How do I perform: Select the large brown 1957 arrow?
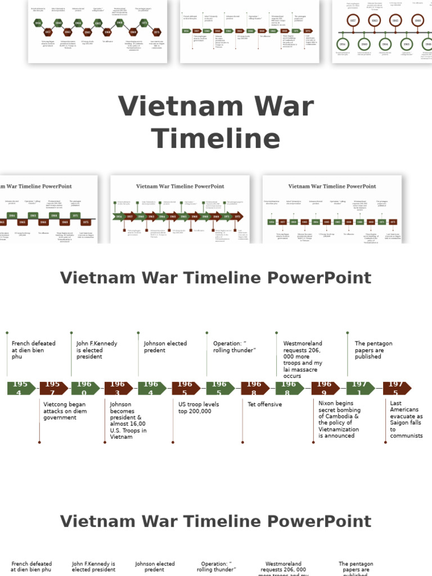pyautogui.click(x=53, y=388)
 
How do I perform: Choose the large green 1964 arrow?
pyautogui.click(x=152, y=388)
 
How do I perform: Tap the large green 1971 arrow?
pyautogui.click(x=360, y=388)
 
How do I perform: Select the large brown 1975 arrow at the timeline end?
pyautogui.click(x=397, y=388)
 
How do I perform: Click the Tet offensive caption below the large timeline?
pyautogui.click(x=265, y=404)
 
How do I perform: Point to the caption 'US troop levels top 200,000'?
pyautogui.click(x=199, y=408)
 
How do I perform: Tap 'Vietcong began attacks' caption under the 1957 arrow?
pyautogui.click(x=65, y=411)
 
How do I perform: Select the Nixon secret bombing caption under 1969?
pyautogui.click(x=339, y=419)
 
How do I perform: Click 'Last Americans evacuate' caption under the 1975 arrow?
pyautogui.click(x=406, y=419)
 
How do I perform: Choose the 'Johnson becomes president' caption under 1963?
pyautogui.click(x=128, y=420)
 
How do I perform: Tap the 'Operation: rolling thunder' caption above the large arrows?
pyautogui.click(x=235, y=346)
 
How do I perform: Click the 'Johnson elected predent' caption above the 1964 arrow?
pyautogui.click(x=165, y=346)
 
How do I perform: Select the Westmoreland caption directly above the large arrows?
pyautogui.click(x=303, y=360)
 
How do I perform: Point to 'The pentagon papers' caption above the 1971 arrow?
pyautogui.click(x=373, y=350)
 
